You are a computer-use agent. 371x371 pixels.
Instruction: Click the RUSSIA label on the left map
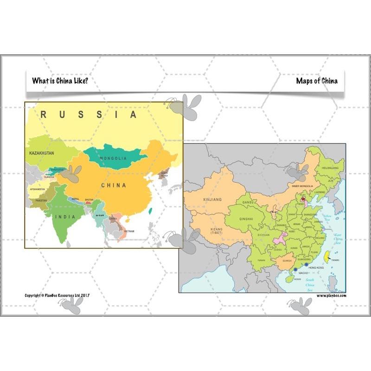89,115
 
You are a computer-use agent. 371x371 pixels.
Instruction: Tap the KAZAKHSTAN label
41,153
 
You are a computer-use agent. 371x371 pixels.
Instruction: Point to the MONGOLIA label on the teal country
113,158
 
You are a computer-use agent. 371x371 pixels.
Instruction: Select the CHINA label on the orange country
114,185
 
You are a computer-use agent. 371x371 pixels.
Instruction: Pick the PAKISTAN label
40,200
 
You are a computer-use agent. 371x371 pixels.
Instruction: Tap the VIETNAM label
129,231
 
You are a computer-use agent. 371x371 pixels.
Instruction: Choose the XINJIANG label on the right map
212,199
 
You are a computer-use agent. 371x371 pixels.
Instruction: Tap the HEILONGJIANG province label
330,167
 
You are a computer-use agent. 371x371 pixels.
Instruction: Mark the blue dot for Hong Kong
306,265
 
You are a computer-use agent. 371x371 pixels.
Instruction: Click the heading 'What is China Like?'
60,81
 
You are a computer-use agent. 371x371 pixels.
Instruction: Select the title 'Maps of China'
317,81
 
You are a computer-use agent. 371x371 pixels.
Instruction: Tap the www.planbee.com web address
332,295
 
